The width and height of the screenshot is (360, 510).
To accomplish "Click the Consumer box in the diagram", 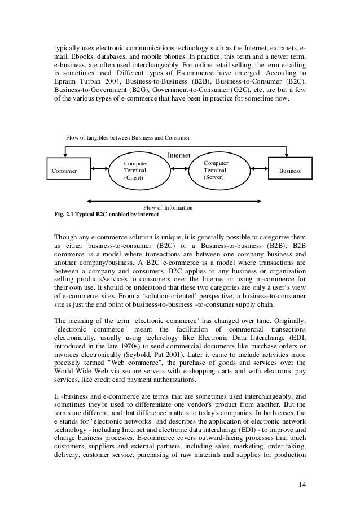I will click(67, 170).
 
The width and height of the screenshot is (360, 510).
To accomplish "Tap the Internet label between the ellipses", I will click(179, 155).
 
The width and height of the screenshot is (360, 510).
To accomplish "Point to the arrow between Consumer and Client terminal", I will click(99, 169).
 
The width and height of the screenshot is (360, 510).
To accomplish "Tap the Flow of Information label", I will click(169, 208).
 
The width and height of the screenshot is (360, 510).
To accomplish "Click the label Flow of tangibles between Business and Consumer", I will click(128, 137).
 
